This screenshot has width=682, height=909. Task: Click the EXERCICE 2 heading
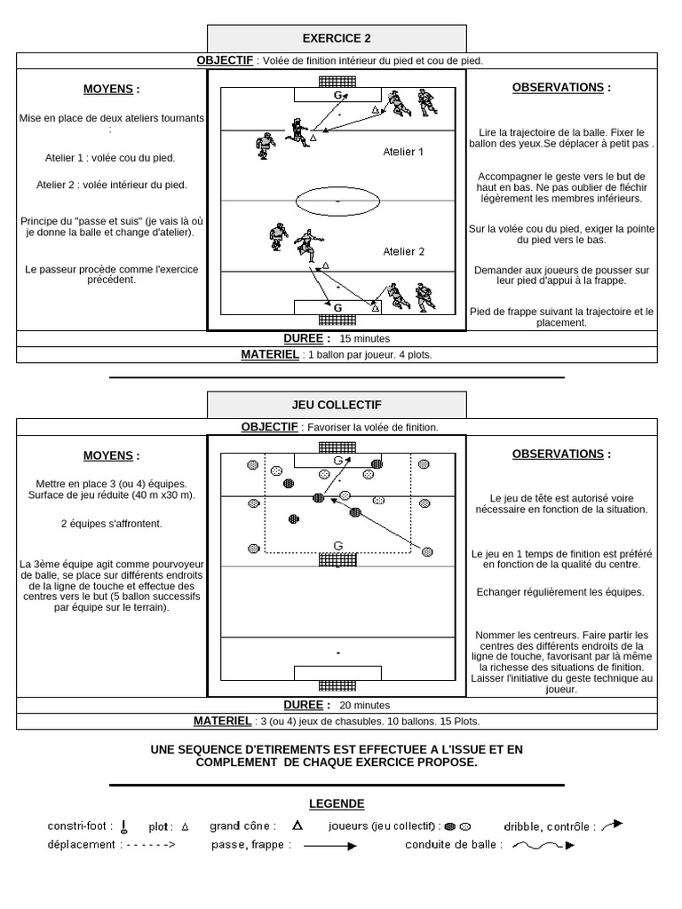337,38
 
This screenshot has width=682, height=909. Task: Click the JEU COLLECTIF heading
337,404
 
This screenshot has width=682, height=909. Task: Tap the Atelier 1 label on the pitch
403,152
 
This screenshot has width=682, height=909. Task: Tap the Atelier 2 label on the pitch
403,251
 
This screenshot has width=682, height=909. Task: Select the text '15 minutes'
364,339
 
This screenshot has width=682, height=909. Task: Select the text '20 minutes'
364,706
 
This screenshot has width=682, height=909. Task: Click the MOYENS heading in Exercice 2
111,90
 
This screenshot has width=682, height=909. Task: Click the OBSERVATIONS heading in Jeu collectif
561,454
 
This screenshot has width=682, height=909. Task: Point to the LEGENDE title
337,804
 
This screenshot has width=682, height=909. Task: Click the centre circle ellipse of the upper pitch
337,202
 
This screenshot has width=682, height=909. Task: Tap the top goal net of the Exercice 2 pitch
337,81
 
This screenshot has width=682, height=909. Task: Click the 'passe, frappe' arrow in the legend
329,846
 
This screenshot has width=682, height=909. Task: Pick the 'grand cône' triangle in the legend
297,826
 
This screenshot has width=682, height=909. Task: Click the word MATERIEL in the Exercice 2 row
270,354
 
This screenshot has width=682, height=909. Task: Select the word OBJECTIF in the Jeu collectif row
269,427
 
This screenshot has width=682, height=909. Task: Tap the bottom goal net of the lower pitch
337,687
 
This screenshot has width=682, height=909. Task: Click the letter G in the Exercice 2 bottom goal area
337,307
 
